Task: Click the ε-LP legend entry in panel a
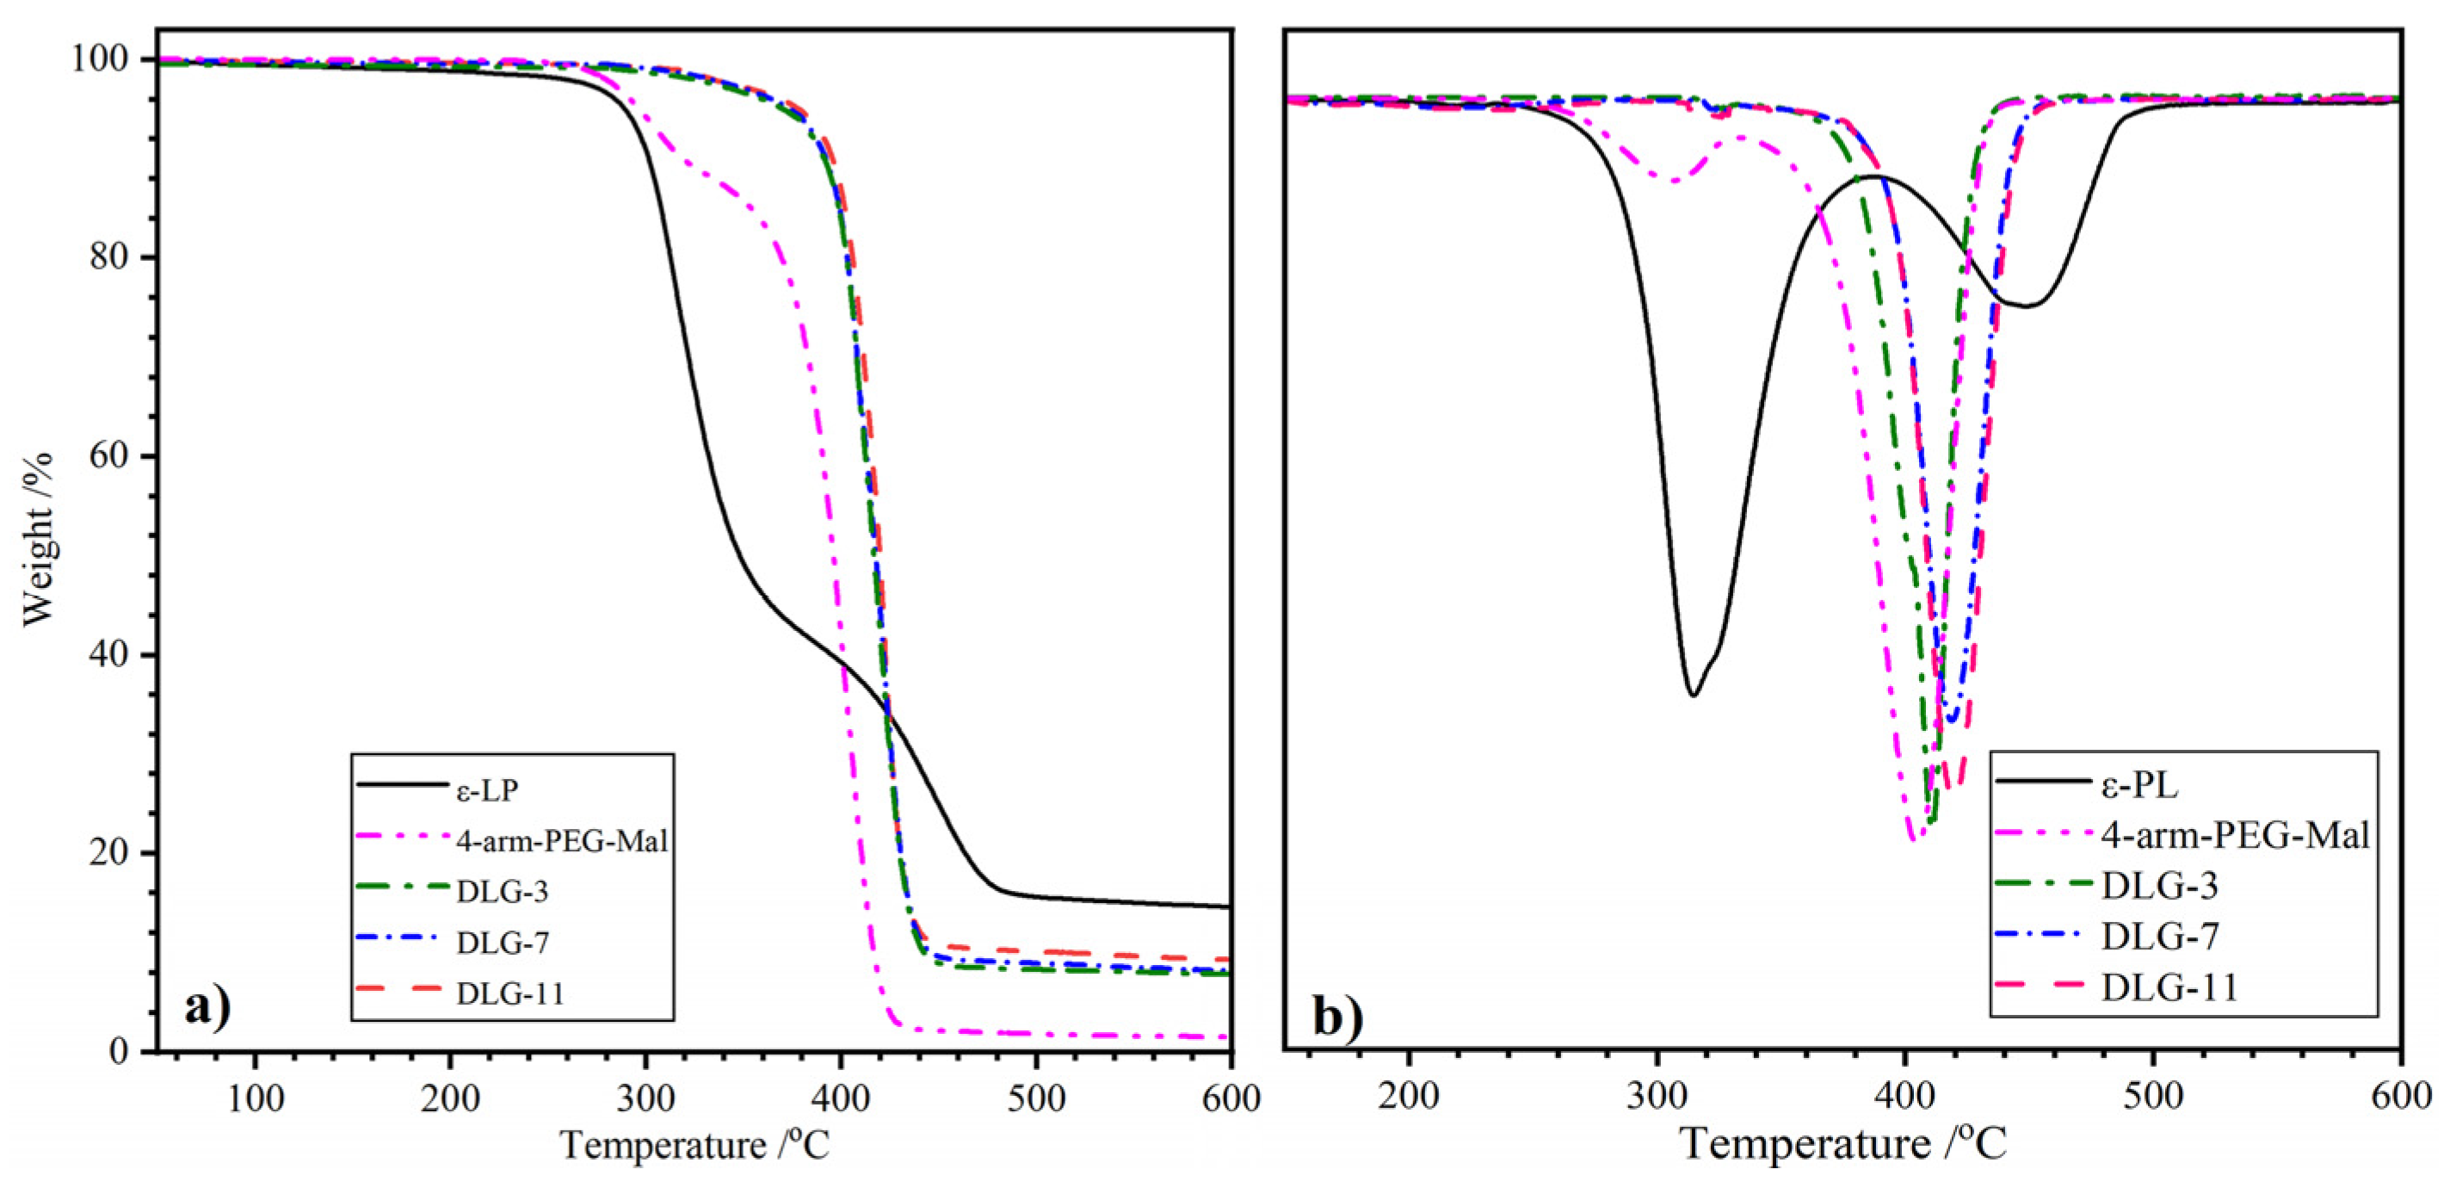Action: (487, 789)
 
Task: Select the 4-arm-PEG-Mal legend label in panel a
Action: (561, 841)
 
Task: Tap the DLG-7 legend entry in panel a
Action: (503, 943)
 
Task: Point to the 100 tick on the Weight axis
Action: (99, 59)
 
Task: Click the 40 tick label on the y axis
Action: (108, 655)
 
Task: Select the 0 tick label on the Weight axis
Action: (119, 1051)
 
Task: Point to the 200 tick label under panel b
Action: (1409, 1096)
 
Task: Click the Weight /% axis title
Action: (38, 540)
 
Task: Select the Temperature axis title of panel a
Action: (694, 1146)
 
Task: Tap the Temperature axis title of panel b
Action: (1844, 1143)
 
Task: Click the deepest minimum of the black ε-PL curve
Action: (1693, 695)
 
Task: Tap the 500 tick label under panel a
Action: (1036, 1098)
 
